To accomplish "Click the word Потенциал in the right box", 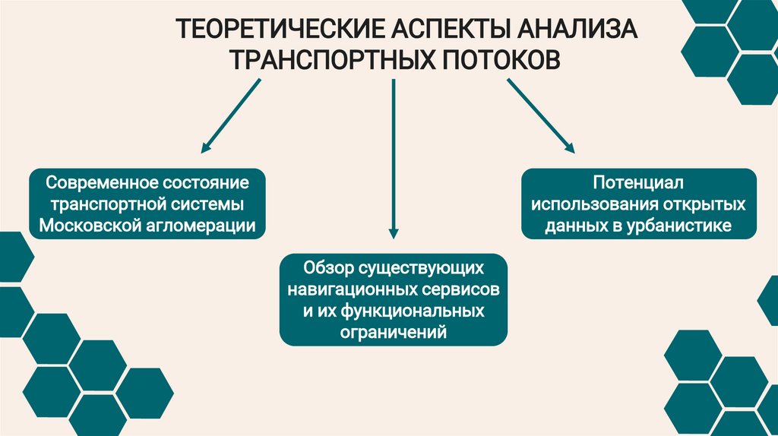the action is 639,184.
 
